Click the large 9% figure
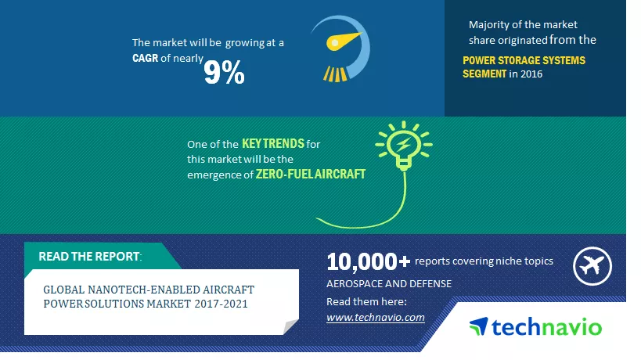click(x=224, y=72)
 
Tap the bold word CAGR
click(x=145, y=58)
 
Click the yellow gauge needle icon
click(x=344, y=41)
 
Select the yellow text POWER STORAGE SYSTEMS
click(x=524, y=60)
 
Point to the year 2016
click(x=531, y=74)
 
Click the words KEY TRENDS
click(x=273, y=143)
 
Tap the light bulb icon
click(x=404, y=146)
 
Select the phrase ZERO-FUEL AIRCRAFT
click(x=310, y=174)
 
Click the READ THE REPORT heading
click(x=90, y=256)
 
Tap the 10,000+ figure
click(x=368, y=261)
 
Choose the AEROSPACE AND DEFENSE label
click(x=389, y=283)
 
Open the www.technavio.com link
click(x=375, y=318)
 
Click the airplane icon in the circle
click(x=592, y=266)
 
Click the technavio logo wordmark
click(x=546, y=327)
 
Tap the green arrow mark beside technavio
click(x=478, y=326)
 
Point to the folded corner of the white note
click(x=291, y=327)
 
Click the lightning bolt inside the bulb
click(x=404, y=143)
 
